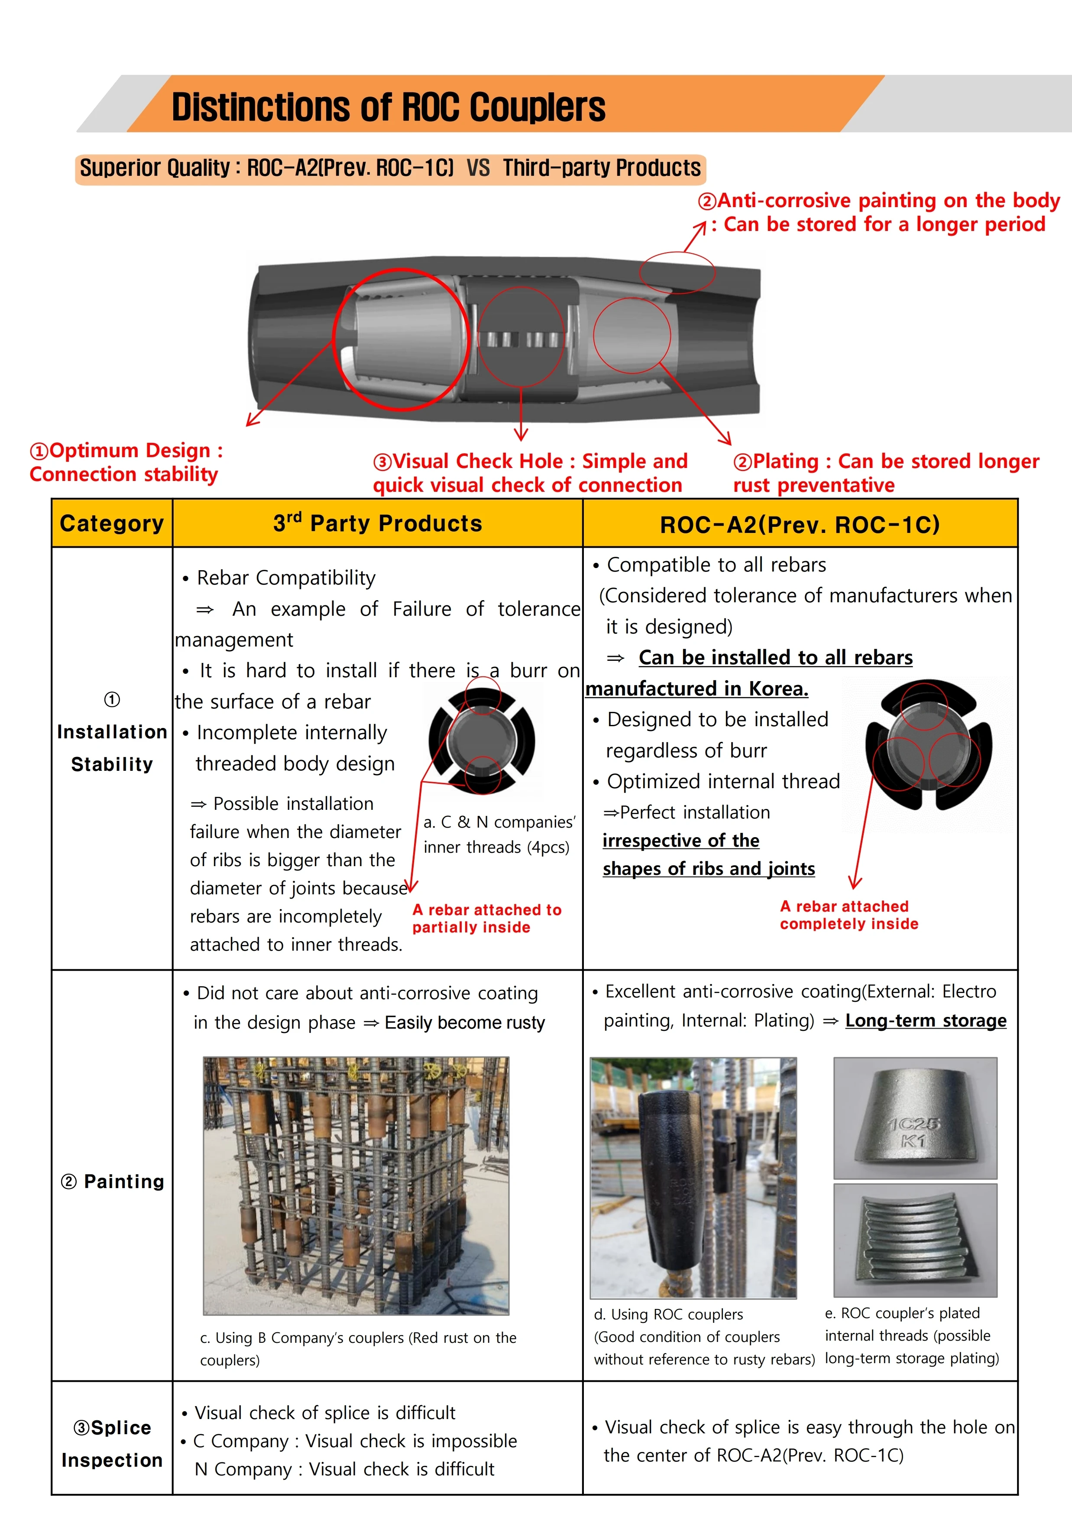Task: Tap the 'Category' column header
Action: [112, 523]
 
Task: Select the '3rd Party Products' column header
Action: [377, 523]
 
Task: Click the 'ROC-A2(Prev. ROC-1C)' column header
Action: [800, 524]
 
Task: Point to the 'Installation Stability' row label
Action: [112, 747]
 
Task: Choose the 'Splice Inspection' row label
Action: [112, 1443]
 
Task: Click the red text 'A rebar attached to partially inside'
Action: [486, 918]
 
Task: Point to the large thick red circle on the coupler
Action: [401, 340]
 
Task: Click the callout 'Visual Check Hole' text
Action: [529, 473]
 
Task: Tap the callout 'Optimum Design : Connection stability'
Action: [126, 462]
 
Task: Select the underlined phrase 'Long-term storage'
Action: [925, 1020]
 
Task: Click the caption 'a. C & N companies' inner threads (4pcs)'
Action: [499, 834]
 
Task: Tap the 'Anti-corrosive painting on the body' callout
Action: [879, 212]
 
